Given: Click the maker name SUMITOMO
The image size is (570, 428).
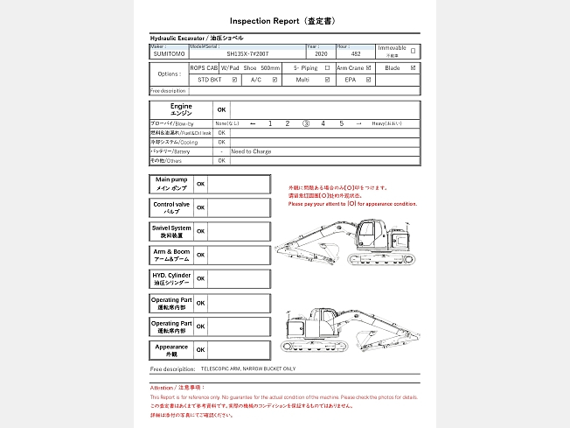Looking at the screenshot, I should point(170,54).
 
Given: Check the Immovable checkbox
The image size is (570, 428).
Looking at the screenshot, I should point(414,51).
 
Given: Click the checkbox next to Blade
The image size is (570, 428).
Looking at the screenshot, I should point(414,67).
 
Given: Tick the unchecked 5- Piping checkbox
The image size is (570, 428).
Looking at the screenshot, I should point(327,67).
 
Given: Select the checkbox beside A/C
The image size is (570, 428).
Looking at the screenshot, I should point(275,80).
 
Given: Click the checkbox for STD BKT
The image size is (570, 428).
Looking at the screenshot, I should point(234,80).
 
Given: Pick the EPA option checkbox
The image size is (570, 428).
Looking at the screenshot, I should point(368,80).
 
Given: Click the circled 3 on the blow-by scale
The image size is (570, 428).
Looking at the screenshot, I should point(306,123).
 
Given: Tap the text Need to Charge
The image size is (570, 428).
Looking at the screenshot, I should point(252,151).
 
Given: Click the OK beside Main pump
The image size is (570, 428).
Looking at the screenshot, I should point(201,184).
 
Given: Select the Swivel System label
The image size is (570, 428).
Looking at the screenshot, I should point(171,231).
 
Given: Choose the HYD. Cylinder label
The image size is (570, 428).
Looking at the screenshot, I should point(171,278).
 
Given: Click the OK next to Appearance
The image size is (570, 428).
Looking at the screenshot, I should point(201,349).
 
